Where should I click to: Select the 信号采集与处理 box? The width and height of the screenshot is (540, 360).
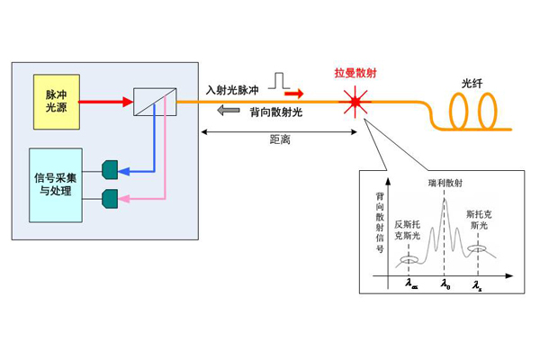point(57,184)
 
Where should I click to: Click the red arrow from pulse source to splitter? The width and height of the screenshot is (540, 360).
point(103,102)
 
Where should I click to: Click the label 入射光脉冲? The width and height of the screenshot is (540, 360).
point(232,90)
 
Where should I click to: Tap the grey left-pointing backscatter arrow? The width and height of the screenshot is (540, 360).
point(230,111)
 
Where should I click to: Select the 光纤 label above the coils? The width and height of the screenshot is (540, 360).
point(473,82)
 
